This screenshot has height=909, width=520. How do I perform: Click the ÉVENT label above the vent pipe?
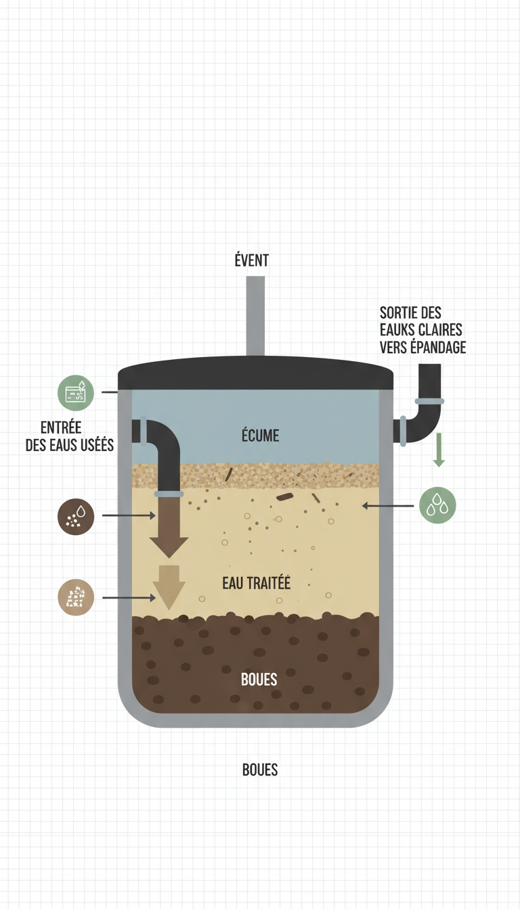click(251, 260)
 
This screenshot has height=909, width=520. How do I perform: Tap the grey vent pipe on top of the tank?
click(255, 317)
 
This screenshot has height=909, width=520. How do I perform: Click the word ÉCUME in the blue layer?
click(261, 436)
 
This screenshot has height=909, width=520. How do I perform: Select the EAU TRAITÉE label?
click(256, 583)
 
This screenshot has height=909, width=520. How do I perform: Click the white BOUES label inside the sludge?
click(259, 679)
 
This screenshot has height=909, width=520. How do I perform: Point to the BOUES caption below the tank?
click(260, 770)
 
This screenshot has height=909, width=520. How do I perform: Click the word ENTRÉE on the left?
click(61, 427)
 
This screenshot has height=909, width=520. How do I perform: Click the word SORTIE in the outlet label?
click(399, 312)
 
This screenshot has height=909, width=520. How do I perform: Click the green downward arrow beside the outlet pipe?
click(439, 450)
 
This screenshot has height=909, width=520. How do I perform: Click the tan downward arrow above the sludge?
click(169, 587)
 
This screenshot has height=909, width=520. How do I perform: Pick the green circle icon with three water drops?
click(437, 505)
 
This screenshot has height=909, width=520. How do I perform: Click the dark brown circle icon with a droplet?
click(76, 517)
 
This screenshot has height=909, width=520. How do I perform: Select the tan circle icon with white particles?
click(76, 597)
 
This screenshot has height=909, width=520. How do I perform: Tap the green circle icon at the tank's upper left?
click(76, 393)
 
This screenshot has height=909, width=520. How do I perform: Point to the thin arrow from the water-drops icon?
click(388, 506)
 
